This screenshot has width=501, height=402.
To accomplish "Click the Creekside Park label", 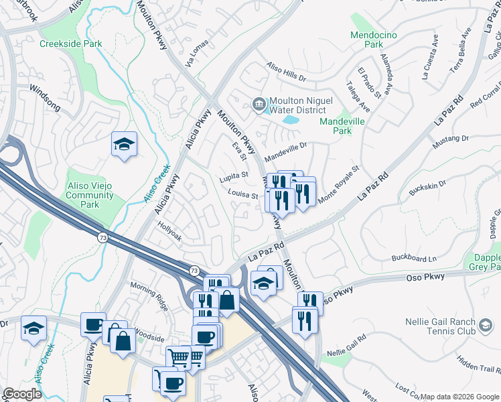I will [70, 44].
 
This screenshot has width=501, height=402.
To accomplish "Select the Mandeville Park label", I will [344, 126].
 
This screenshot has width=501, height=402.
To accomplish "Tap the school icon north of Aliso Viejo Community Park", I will [124, 145].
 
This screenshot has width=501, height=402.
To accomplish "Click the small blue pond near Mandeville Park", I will [291, 121].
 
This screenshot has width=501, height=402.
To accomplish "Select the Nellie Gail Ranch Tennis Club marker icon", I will [484, 326].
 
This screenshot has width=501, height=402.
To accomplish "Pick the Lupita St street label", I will [234, 176].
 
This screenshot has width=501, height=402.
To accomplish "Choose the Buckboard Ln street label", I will [413, 258].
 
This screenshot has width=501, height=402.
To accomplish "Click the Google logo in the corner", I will [22, 395].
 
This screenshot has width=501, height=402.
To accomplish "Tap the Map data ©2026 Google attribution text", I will [459, 397].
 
